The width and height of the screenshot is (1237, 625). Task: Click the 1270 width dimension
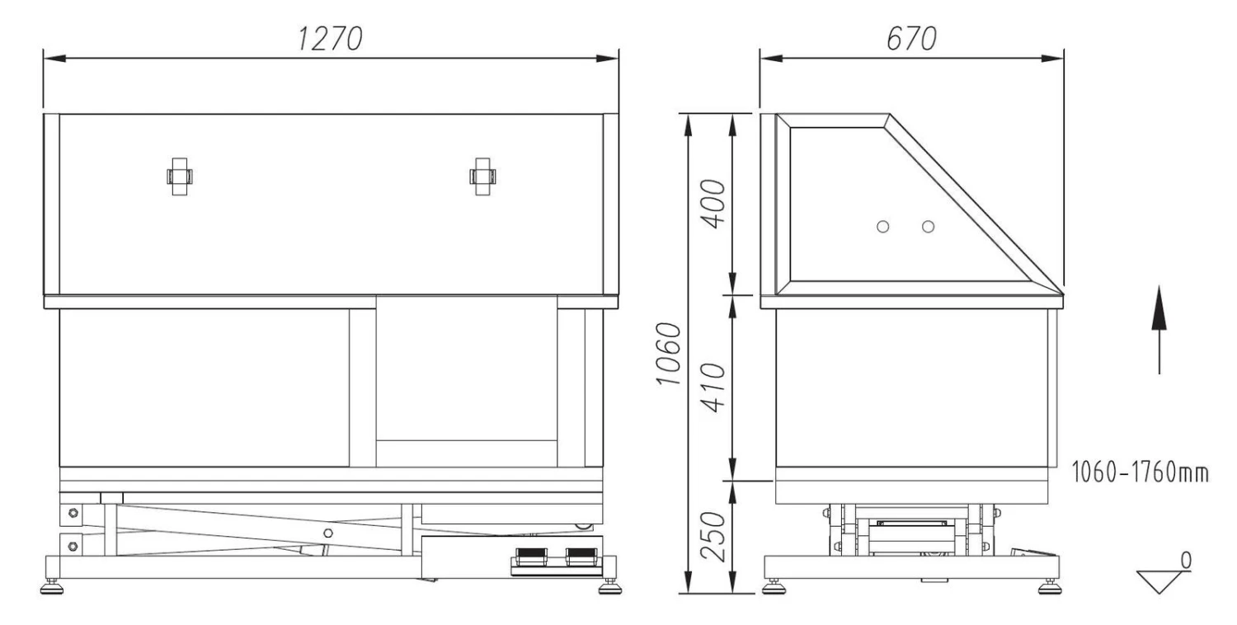[x=330, y=40]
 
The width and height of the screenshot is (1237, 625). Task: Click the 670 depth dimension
[x=911, y=40]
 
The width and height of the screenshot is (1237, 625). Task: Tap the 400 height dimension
[x=713, y=204]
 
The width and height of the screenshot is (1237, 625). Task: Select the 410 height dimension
[x=713, y=388]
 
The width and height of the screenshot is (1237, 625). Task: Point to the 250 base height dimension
[x=713, y=537]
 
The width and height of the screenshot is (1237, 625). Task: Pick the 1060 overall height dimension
[x=669, y=354]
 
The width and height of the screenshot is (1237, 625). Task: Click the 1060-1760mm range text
[x=1140, y=472]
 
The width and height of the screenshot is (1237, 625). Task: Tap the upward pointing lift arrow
[x=1159, y=330]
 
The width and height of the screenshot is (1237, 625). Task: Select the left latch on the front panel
[x=180, y=176]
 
